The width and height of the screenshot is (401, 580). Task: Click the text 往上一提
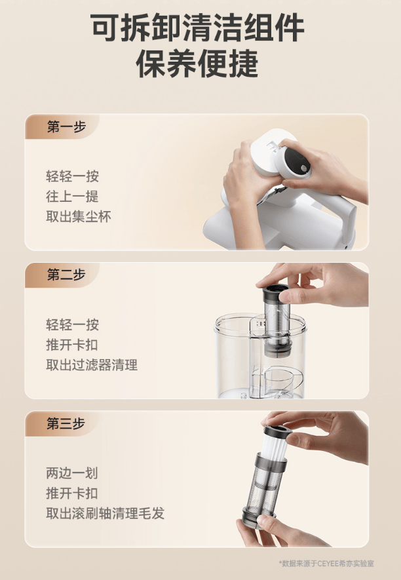point(72,197)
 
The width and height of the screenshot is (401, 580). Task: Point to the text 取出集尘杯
point(79,217)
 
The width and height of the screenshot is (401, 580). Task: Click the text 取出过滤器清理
point(92,365)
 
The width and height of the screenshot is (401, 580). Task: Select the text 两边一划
point(72,473)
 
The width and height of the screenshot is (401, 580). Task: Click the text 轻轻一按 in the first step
point(72,176)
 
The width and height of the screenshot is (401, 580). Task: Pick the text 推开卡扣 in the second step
point(72,345)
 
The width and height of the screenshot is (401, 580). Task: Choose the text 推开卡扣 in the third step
point(72,493)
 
